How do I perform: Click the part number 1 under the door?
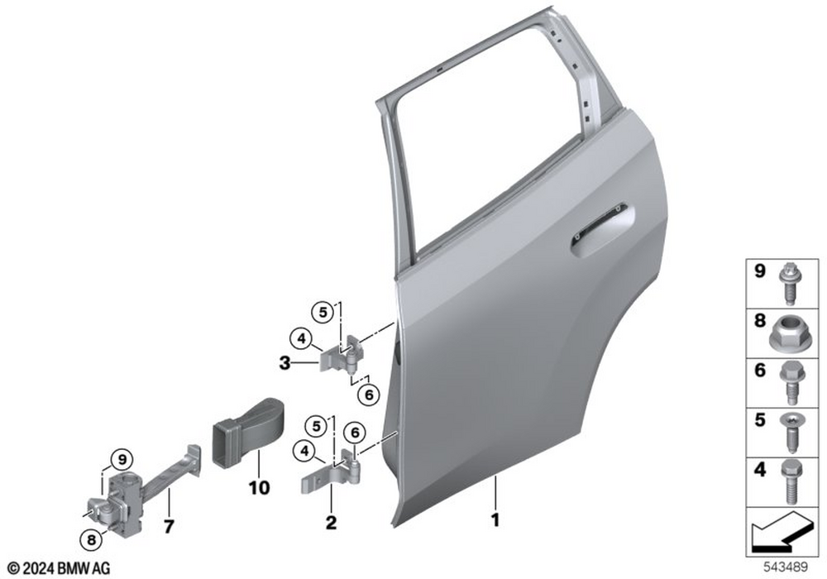pos(495,520)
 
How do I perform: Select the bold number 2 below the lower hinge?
pos(331,523)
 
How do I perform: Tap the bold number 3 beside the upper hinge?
pos(284,363)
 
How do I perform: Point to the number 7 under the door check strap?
pos(168,526)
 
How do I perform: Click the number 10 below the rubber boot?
pos(259,488)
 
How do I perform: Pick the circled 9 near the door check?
pos(122,460)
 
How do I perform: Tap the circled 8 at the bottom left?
pos(91,539)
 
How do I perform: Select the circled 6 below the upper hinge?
pos(369,395)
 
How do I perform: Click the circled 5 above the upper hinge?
pos(323,313)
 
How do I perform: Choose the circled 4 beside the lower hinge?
pos(304,451)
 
